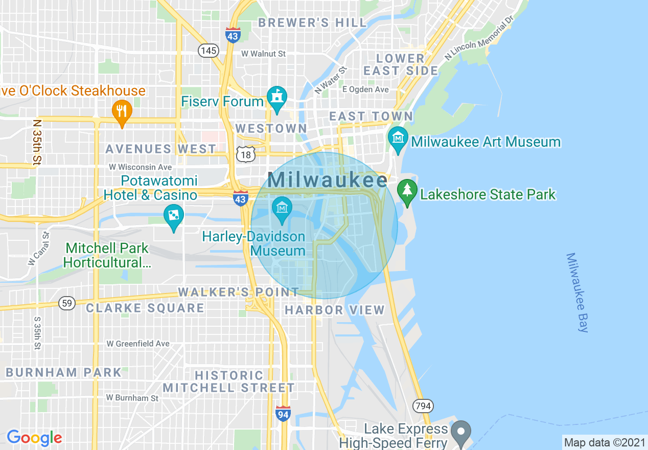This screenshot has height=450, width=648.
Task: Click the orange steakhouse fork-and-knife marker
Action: (x=122, y=112)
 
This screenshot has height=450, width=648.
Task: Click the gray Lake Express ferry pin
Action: (x=462, y=432)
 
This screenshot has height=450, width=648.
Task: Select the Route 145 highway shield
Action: (x=209, y=50)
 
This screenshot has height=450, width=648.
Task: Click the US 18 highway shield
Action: (x=245, y=154)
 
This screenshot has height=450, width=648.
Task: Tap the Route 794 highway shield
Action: (x=423, y=407)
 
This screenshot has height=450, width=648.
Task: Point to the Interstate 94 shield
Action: (x=283, y=413)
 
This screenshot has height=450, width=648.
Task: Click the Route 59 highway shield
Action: (x=66, y=303)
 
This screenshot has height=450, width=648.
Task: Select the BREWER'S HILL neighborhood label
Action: (x=312, y=22)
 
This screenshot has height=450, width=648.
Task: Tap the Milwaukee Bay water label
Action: (x=577, y=292)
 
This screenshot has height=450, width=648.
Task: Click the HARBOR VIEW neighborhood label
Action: (x=334, y=310)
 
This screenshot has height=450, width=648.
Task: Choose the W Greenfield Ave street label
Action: (x=138, y=344)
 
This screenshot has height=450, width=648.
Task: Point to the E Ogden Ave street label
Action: (x=365, y=89)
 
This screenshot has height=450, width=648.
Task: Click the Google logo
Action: (x=34, y=438)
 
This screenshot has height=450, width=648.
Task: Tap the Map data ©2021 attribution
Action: (x=604, y=442)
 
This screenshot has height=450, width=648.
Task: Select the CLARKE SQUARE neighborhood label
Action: (x=145, y=308)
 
